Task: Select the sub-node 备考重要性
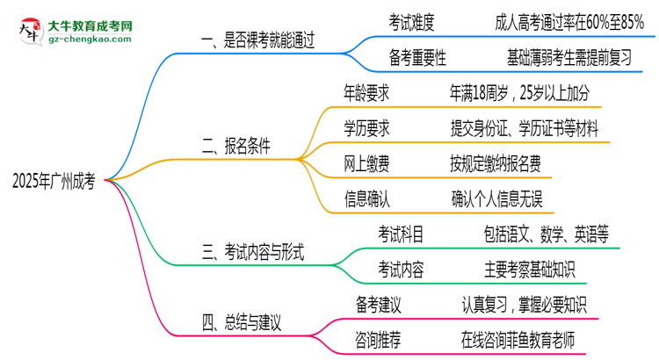pos(416,58)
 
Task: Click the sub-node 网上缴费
pos(366,163)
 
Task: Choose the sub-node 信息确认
pos(366,198)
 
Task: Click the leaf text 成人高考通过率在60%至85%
pos(568,19)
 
